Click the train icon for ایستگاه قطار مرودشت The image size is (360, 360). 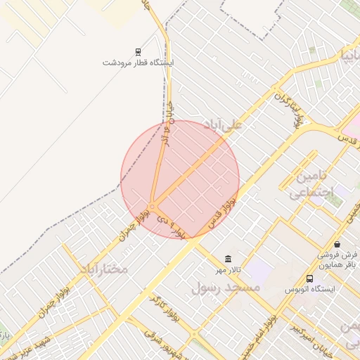click(x=138, y=51)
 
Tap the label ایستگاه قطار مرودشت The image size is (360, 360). click(x=138, y=63)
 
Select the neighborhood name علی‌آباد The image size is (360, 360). click(x=222, y=125)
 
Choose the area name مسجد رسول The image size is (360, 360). click(x=226, y=287)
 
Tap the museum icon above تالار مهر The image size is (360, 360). click(x=227, y=259)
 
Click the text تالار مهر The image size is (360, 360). click(x=227, y=270)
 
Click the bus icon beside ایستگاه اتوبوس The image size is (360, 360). click(x=310, y=278)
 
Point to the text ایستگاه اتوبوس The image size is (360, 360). click(x=310, y=289)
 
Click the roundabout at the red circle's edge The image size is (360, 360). click(x=151, y=207)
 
